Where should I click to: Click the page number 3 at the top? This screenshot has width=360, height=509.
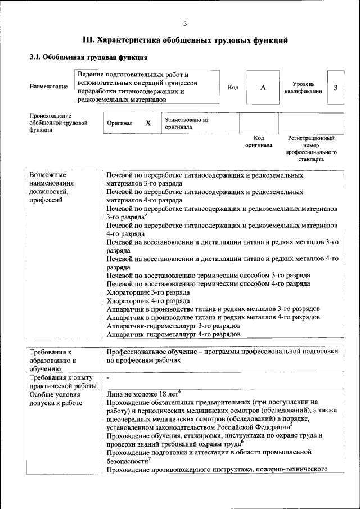(184, 23)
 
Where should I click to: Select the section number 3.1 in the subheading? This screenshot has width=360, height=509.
(35, 57)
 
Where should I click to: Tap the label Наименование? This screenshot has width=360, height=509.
(48, 87)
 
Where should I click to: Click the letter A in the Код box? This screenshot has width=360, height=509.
(263, 88)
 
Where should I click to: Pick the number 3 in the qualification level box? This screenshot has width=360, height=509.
(335, 87)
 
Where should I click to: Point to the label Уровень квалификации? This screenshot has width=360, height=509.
(303, 88)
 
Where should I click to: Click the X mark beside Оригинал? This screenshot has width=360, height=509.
(148, 123)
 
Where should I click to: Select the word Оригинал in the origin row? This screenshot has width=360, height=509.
(119, 123)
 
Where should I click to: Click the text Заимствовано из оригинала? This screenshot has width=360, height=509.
(186, 123)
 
